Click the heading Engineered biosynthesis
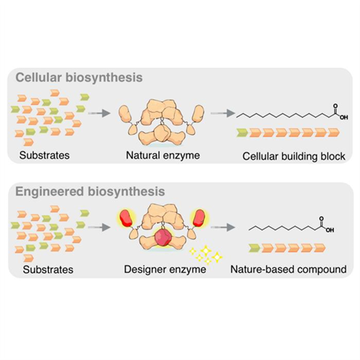coord(89,191)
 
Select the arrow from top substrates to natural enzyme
coord(97,115)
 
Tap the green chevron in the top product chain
coord(243,133)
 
